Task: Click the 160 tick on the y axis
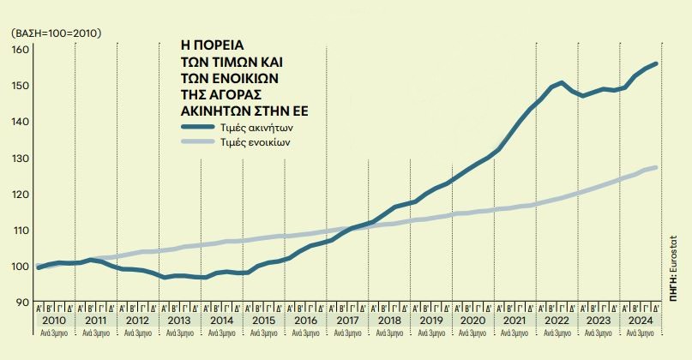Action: coord(19,49)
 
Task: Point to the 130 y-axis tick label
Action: coord(19,159)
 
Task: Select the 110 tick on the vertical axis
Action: coord(19,230)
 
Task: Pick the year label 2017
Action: coord(347,320)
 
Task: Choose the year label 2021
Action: coord(514,320)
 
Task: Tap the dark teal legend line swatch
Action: coord(202,128)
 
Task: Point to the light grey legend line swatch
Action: coord(202,143)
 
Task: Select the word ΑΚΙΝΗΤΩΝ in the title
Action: coord(216,111)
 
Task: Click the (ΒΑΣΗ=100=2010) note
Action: coord(57,33)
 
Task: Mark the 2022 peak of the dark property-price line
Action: coord(561,83)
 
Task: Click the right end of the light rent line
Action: coord(657,167)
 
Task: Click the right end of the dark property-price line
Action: coord(657,63)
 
